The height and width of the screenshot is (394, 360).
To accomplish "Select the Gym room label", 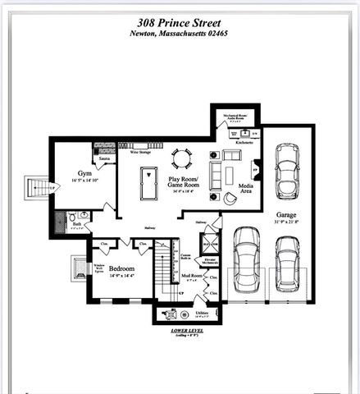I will click(x=84, y=173).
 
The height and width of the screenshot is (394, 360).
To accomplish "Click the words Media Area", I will click(x=244, y=187).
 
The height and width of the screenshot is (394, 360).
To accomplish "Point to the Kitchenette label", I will click(x=244, y=143).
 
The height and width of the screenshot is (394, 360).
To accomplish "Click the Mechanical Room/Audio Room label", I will click(x=235, y=117).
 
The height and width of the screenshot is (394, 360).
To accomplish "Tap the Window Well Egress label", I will click(x=98, y=268).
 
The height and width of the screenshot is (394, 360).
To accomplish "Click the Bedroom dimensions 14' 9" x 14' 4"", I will click(x=122, y=276).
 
